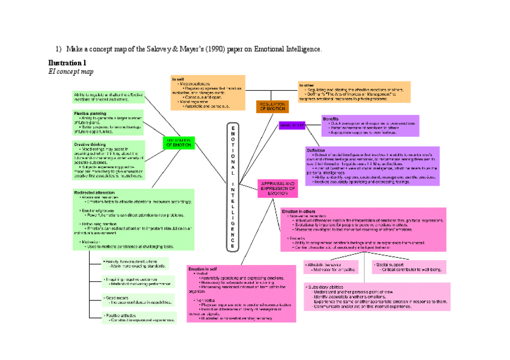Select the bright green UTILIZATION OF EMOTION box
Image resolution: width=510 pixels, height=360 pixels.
(x=179, y=142)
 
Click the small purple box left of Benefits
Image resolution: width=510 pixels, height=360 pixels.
(x=292, y=125)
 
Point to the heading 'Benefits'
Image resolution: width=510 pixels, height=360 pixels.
(x=331, y=119)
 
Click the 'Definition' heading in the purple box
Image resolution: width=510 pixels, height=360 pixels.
(x=316, y=150)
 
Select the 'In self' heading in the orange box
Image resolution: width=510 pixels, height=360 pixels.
(x=177, y=79)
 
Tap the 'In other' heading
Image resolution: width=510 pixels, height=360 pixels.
(x=306, y=85)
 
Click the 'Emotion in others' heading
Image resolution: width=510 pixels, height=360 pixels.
(x=299, y=212)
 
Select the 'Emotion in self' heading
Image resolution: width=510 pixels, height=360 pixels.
(x=202, y=269)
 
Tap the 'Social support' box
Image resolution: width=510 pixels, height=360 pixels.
(x=408, y=267)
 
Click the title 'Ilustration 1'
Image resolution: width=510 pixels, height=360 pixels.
(x=67, y=63)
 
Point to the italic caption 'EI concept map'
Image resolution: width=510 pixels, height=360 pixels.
(x=70, y=72)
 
